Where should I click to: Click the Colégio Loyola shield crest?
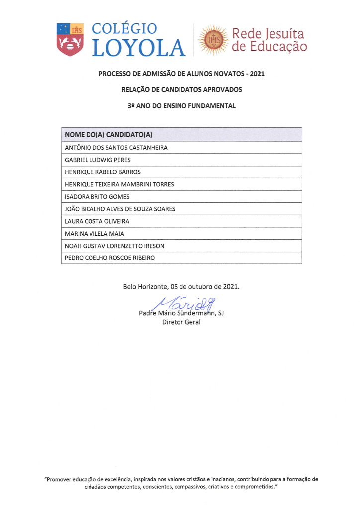(x=70, y=39)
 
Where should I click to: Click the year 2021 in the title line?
(x=257, y=74)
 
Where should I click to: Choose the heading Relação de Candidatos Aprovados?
(x=181, y=90)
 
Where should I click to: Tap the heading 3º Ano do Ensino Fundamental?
(x=181, y=106)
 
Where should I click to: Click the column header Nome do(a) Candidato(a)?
(x=108, y=135)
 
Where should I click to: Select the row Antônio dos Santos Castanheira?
(x=116, y=148)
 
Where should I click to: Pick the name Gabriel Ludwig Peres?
(x=97, y=160)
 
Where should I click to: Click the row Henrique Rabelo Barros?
(x=103, y=172)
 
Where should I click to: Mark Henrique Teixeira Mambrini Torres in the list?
(x=119, y=184)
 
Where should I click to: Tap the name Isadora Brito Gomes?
(x=97, y=197)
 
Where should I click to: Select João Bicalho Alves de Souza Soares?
(x=120, y=209)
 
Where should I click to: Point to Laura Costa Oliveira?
(x=97, y=221)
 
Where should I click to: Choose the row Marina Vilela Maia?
(x=94, y=234)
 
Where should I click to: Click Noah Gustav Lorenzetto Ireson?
(x=114, y=246)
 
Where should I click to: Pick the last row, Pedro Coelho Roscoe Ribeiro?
(x=110, y=258)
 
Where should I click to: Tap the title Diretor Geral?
(x=181, y=323)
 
